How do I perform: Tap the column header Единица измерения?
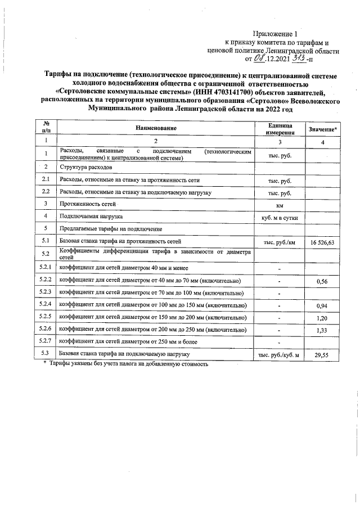[280, 129]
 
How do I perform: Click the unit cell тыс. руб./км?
[280, 242]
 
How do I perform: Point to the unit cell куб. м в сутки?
[280, 217]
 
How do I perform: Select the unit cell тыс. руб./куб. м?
[280, 355]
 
